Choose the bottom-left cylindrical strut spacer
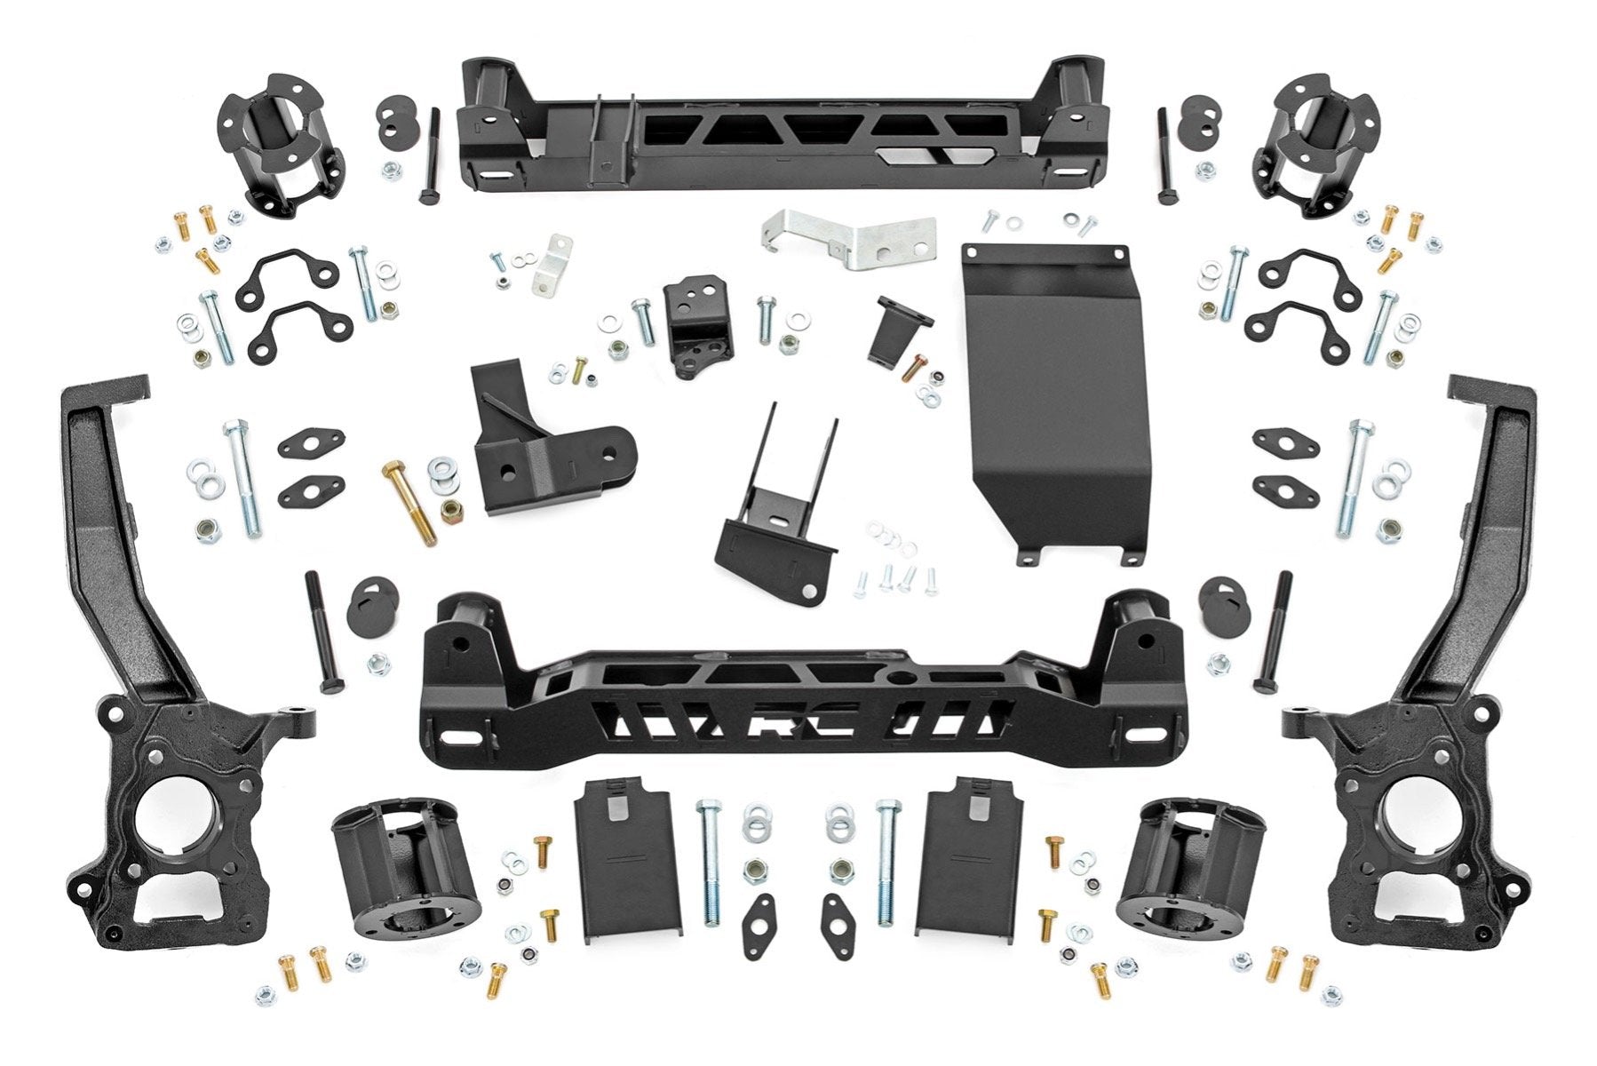(404, 875)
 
